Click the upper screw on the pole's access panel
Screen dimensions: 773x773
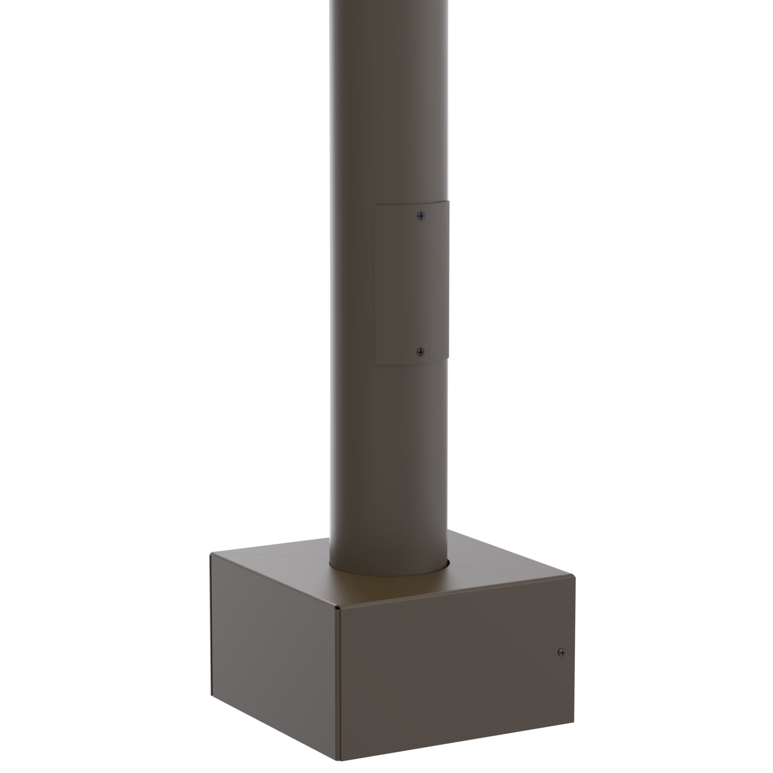[421, 216]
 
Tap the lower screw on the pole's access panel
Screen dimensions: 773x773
[421, 352]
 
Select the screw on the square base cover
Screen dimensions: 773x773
[562, 652]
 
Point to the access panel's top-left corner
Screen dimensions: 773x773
[375, 206]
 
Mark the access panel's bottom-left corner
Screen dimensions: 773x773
[375, 364]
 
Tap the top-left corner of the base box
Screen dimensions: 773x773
[211, 555]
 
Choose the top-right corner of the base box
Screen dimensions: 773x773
[575, 576]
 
